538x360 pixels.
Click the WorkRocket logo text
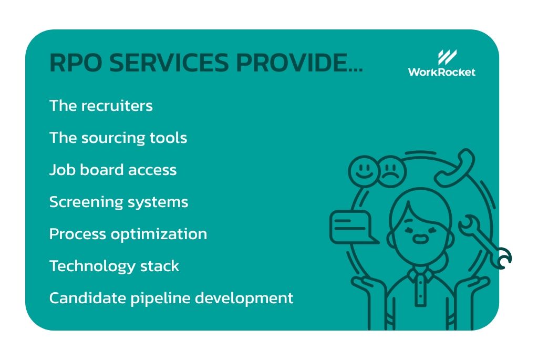[441, 71]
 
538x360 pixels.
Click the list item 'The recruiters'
[101, 106]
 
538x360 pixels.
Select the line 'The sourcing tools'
[118, 138]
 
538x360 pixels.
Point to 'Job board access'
[113, 170]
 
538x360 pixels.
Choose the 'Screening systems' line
[119, 202]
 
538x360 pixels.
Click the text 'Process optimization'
[128, 234]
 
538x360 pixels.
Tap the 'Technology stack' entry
[114, 266]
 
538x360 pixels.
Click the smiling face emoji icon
[363, 171]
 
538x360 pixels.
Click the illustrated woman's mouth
[420, 239]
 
